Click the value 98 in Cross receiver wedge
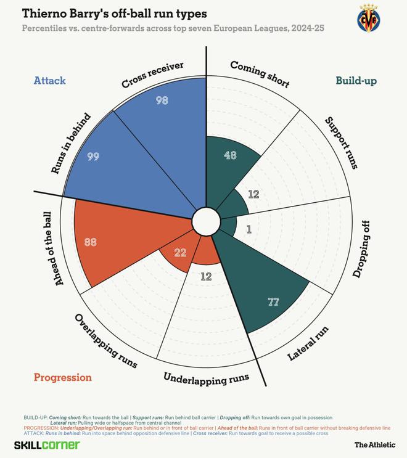tap(162, 100)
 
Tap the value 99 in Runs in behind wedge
tap(93, 157)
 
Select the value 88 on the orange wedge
tap(90, 242)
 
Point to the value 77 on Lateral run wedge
tap(274, 301)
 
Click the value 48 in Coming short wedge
tap(230, 155)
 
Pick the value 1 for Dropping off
tap(249, 229)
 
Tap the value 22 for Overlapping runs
tap(181, 253)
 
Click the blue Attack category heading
tap(49, 81)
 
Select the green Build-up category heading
tap(356, 81)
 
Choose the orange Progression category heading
tap(62, 377)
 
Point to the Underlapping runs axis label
tap(206, 378)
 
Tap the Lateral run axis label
tap(308, 344)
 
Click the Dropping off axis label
tap(362, 247)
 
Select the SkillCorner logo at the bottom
tap(47, 444)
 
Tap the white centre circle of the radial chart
tap(206, 221)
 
